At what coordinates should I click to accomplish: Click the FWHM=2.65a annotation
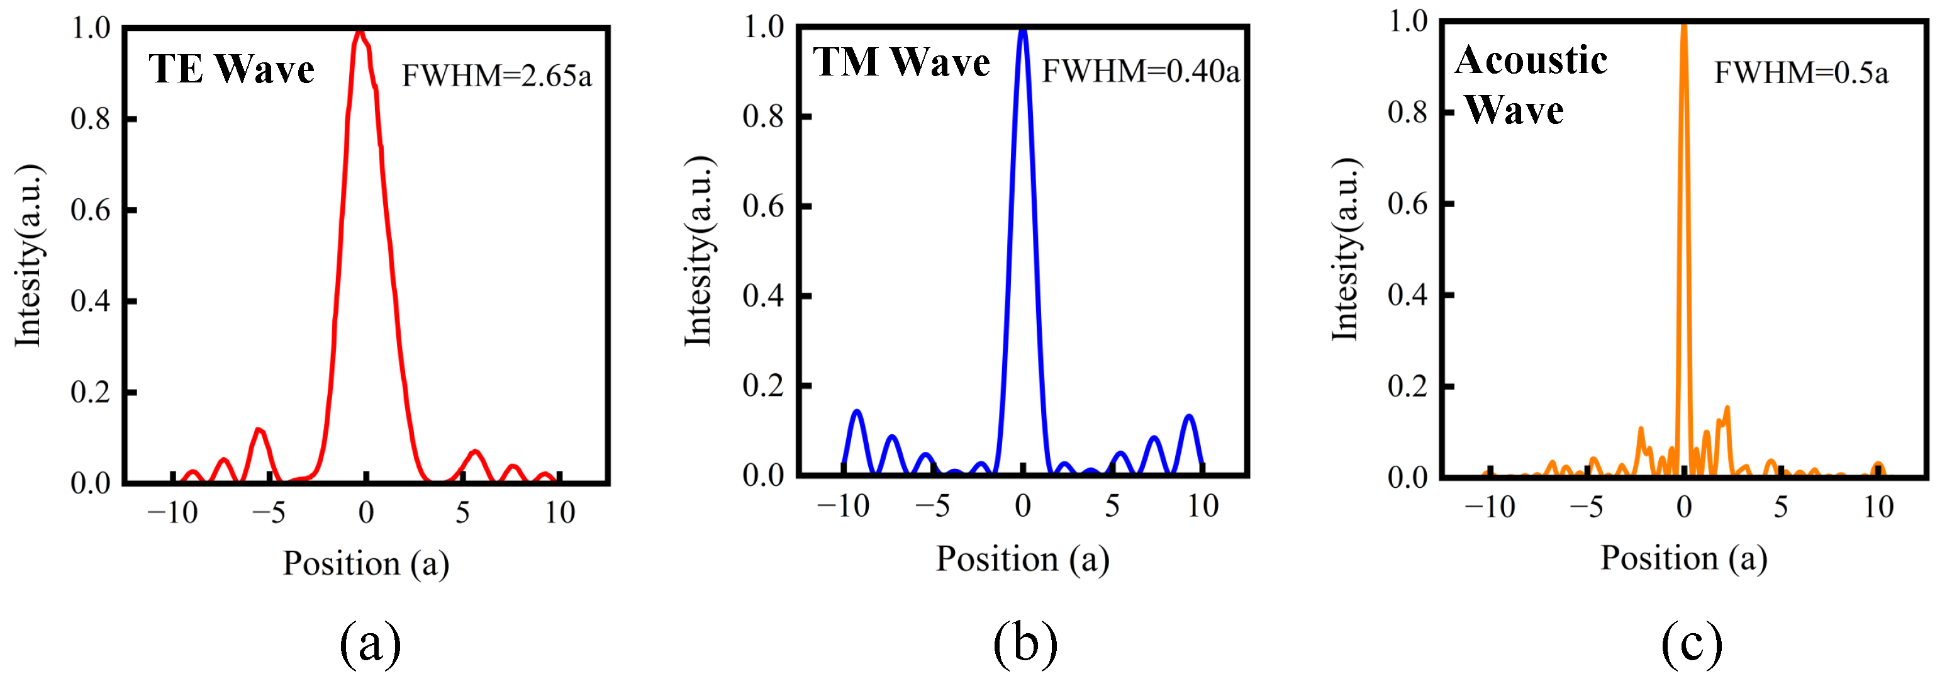coord(496,76)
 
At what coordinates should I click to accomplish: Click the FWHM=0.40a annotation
coord(1141,71)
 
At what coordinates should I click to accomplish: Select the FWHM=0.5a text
coord(1800,73)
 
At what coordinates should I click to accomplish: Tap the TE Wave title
coord(232,69)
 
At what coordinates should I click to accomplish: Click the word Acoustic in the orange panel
coord(1531,60)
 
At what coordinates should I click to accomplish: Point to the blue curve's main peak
coord(1023,31)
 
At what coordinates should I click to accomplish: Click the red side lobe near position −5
coord(259,431)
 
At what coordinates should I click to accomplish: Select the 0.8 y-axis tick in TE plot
coord(90,120)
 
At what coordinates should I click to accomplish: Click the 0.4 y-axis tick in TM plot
coord(762,296)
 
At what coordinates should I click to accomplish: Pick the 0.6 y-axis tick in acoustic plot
coord(1407,204)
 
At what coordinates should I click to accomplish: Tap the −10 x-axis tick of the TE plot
coord(172,513)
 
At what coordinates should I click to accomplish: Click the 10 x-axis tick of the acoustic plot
coord(1878,507)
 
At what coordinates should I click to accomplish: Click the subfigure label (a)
coord(370,643)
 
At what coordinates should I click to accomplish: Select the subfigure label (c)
coord(1692,643)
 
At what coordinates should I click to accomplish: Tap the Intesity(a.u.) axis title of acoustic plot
coord(1346,249)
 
